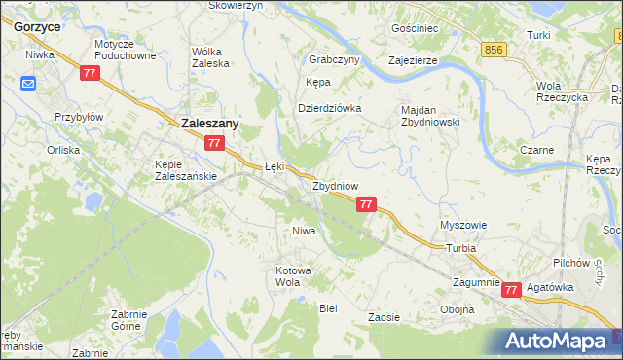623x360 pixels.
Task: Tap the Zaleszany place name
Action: [x=211, y=124]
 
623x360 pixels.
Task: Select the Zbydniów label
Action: [x=336, y=185]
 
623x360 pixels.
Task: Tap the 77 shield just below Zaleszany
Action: [x=215, y=143]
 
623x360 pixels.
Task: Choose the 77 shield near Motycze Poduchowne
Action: [x=91, y=73]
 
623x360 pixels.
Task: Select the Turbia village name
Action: [x=461, y=248]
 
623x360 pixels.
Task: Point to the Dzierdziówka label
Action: [x=329, y=108]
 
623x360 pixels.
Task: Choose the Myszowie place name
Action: [x=463, y=225]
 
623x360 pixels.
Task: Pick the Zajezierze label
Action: [x=413, y=59]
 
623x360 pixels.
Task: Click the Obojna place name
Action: [x=457, y=309]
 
